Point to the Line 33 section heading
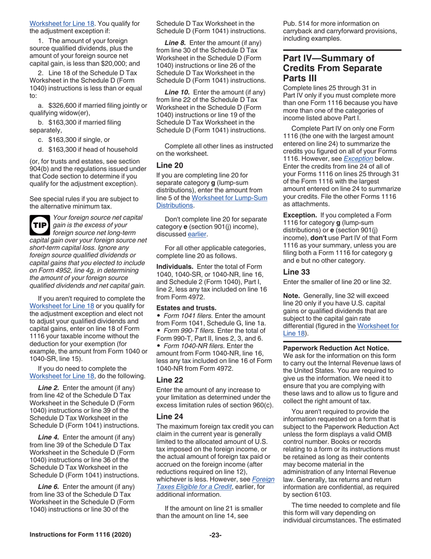point(297,272)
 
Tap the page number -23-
point(215,548)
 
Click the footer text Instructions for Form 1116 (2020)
point(80,548)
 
